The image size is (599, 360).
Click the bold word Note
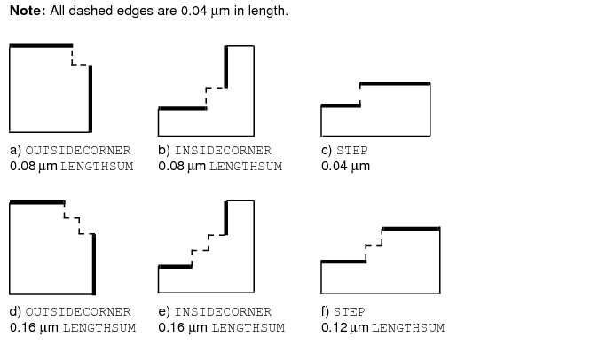tap(28, 11)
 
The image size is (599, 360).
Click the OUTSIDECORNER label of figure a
tap(78, 151)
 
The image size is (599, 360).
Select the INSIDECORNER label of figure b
tap(223, 151)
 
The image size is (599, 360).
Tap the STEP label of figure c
tap(351, 151)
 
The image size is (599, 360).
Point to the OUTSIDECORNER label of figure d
tap(78, 312)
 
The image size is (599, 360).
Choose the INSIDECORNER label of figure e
tap(223, 312)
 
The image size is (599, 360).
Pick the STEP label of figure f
tap(349, 312)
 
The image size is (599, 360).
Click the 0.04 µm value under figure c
tap(345, 167)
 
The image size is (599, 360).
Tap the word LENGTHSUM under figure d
tap(99, 328)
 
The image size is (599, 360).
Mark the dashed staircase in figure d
tap(79, 218)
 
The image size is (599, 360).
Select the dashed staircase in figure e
tap(209, 250)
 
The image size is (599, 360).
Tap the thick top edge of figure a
tap(41, 46)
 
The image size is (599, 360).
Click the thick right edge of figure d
tap(94, 264)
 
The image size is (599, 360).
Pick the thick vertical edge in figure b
tap(226, 67)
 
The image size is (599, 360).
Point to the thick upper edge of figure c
tap(395, 83)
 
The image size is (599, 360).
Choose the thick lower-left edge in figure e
tap(176, 267)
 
